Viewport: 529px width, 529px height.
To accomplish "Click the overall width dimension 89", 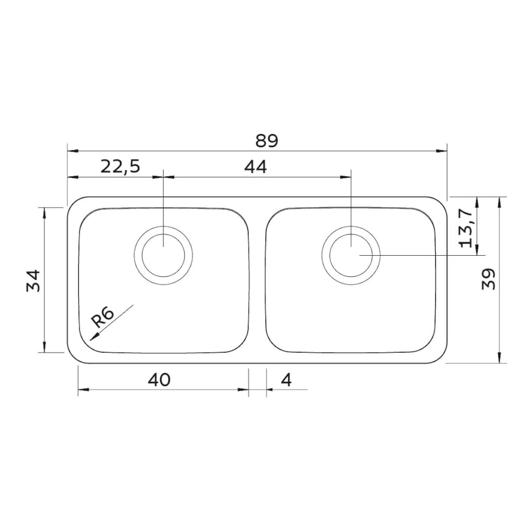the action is pos(267,141).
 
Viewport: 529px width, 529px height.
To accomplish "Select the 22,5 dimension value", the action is pos(120,167).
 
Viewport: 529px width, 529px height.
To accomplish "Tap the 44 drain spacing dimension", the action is pos(255,167).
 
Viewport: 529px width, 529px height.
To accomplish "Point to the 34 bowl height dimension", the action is pos(34,281).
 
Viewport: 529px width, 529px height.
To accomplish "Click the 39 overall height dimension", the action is pos(489,278).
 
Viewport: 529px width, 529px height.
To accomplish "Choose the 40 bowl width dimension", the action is pos(159,380).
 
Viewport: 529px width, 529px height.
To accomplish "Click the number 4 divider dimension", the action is pos(286,380).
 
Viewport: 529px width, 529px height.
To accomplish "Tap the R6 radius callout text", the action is pos(103,318).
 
